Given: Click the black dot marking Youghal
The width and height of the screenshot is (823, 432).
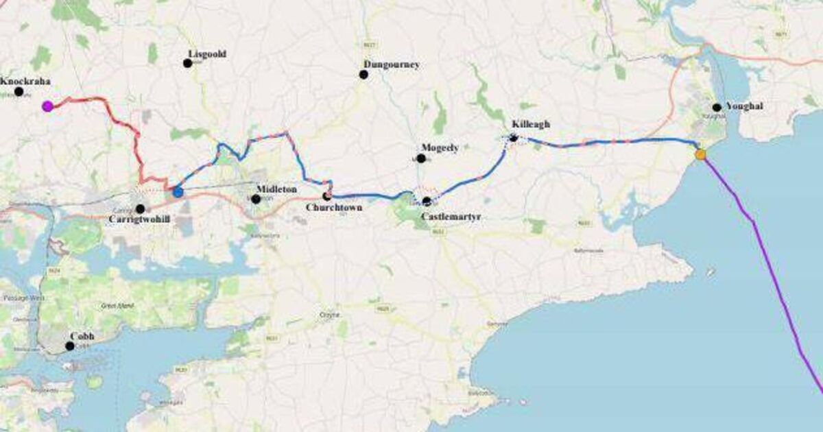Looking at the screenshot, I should (x=717, y=107).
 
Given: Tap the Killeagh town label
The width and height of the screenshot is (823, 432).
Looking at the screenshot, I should (x=531, y=124).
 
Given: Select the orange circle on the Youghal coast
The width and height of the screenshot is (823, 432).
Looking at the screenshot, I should (x=700, y=154).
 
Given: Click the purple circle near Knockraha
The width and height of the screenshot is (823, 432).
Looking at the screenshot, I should (x=47, y=106).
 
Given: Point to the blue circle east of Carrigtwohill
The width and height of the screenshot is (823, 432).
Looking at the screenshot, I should (x=178, y=192).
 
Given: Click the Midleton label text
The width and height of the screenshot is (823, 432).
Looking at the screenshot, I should (x=277, y=189).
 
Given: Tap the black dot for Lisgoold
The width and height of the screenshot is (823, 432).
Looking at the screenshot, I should (x=187, y=63).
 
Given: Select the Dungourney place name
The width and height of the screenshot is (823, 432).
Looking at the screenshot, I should (x=392, y=64).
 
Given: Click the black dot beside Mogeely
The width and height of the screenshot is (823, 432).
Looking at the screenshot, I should (x=421, y=158).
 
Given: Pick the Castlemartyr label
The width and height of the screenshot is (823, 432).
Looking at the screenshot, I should (x=451, y=216).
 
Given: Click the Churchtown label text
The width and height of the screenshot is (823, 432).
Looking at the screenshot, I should (x=334, y=207).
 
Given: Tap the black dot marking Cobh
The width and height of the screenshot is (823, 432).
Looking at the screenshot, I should (x=69, y=346).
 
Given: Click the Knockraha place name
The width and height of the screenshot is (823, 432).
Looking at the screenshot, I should (x=25, y=81).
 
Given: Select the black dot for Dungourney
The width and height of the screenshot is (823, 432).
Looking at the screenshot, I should (x=363, y=74).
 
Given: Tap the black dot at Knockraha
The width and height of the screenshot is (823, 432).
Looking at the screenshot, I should (x=19, y=91).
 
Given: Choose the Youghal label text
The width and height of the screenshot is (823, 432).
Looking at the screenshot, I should (x=743, y=106).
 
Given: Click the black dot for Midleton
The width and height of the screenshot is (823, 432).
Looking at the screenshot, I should (x=256, y=199).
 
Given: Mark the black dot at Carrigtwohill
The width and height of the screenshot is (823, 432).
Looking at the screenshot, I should (x=140, y=208).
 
